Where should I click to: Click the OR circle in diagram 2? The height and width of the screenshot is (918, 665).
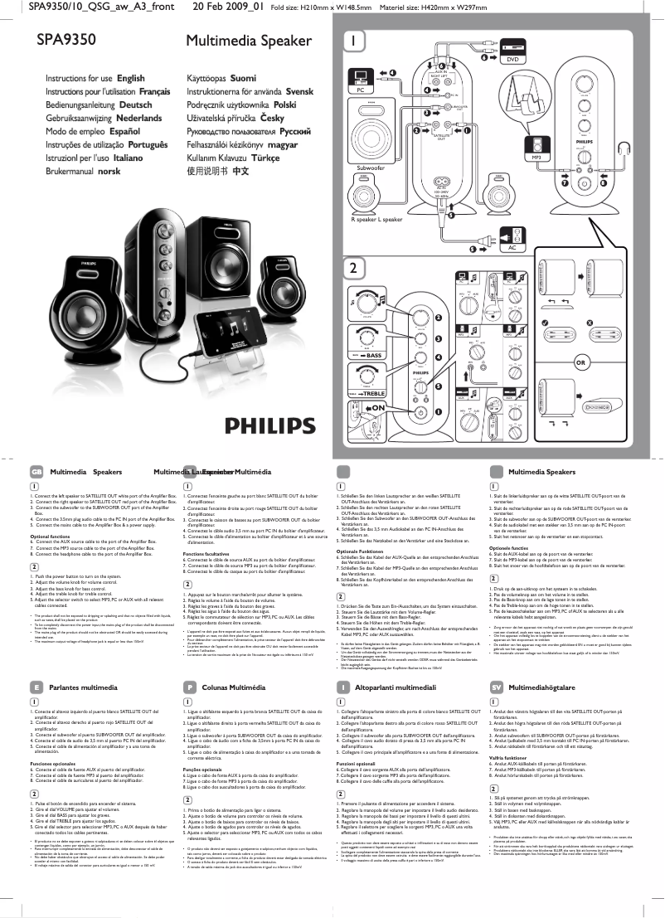581,363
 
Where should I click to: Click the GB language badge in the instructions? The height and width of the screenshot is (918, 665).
36,471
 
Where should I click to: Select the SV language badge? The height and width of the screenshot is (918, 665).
496,687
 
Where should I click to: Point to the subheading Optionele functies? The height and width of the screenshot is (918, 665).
507,548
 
